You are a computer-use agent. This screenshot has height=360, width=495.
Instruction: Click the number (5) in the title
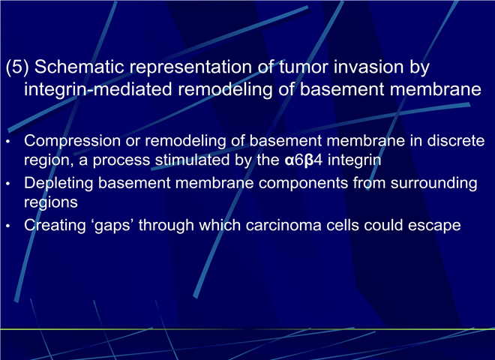coord(17,67)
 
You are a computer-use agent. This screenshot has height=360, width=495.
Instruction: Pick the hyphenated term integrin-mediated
coord(98,90)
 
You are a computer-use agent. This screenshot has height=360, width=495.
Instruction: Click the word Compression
coord(72,141)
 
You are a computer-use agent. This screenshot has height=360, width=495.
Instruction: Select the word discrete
coord(455,140)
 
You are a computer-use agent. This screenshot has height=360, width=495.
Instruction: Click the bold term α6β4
coord(304,160)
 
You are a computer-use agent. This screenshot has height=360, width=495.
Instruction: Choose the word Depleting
coord(58,184)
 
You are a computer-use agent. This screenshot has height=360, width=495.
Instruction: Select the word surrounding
coord(433,184)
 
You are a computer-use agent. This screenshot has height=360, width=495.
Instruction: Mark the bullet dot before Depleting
coord(8,184)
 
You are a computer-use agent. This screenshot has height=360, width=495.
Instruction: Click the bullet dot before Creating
coord(8,226)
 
